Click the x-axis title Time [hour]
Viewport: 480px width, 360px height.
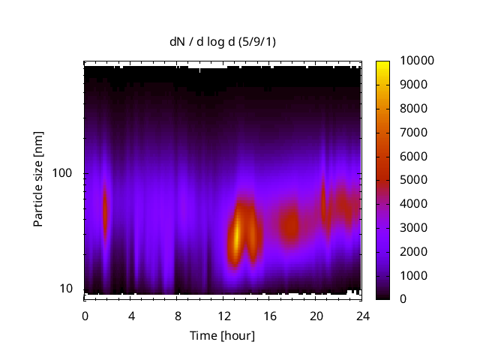coord(223,335)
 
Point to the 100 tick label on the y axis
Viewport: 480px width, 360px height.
coord(64,173)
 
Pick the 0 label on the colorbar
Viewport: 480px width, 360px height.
coord(403,299)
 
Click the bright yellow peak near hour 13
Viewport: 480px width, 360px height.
coord(237,234)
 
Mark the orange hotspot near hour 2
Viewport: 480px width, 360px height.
coord(105,211)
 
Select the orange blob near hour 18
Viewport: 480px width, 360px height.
coord(290,224)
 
